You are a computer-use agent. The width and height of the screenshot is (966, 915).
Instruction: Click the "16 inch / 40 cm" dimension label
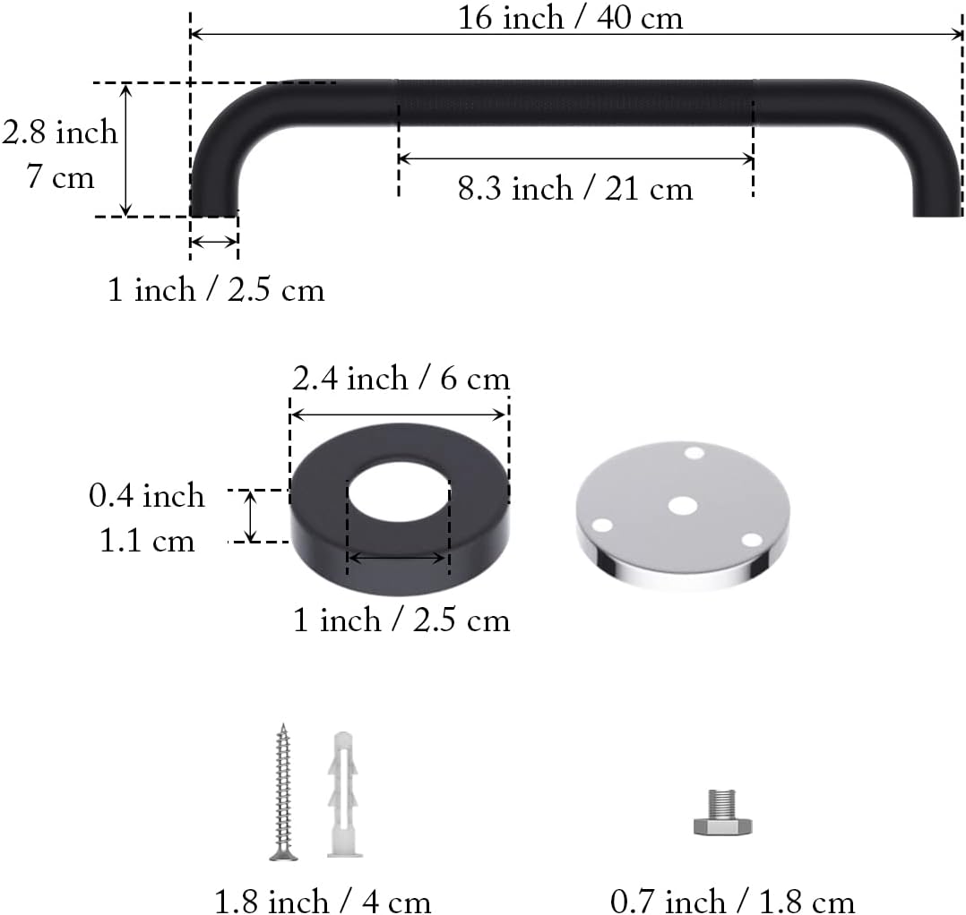pyautogui.click(x=571, y=18)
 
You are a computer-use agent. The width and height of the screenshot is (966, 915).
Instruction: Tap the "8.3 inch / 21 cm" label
pyautogui.click(x=574, y=189)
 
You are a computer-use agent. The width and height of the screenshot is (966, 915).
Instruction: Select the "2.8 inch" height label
pyautogui.click(x=59, y=133)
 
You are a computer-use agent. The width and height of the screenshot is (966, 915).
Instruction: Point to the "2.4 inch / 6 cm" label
pyautogui.click(x=401, y=379)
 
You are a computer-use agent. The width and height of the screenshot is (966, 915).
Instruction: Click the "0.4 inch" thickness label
pyautogui.click(x=146, y=495)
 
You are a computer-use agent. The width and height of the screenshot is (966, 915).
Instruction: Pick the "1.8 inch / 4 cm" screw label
pyautogui.click(x=323, y=901)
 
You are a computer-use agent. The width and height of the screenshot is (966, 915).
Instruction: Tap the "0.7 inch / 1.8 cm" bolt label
pyautogui.click(x=732, y=901)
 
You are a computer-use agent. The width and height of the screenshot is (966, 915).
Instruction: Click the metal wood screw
pyautogui.click(x=284, y=791)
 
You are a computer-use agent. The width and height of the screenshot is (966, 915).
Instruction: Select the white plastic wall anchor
pyautogui.click(x=341, y=793)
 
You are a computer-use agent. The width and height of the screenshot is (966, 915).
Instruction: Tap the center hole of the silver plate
pyautogui.click(x=682, y=506)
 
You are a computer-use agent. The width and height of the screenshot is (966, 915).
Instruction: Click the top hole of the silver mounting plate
pyautogui.click(x=694, y=453)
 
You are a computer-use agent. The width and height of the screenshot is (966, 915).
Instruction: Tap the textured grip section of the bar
pyautogui.click(x=574, y=102)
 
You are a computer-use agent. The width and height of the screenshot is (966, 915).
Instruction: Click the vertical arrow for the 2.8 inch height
pyautogui.click(x=126, y=150)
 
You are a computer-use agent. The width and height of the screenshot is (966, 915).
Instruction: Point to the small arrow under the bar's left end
pyautogui.click(x=214, y=242)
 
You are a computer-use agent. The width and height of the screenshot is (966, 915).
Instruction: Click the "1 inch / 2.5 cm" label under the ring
pyautogui.click(x=401, y=620)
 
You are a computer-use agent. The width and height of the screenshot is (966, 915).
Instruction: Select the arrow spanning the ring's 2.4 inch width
pyautogui.click(x=400, y=415)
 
